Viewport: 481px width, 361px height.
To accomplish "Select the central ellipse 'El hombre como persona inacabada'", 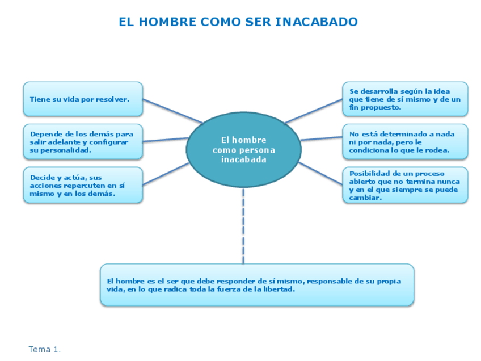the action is pos(243,149).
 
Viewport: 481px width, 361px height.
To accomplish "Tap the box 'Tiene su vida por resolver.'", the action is pos(83,99).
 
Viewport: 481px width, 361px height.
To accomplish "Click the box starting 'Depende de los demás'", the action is pos(83,142).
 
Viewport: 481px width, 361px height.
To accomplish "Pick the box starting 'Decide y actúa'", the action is pos(83,184).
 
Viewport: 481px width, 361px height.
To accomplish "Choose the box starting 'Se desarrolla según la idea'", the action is pos(405,99).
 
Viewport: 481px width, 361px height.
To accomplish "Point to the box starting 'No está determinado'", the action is pos(405,142).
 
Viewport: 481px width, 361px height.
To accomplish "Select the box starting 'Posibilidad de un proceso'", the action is pos(405,185).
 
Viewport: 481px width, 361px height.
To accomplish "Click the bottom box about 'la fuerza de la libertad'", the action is pos(257,284).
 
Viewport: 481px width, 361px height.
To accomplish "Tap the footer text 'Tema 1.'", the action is pos(44,350).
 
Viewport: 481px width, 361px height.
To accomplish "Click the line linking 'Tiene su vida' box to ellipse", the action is pos(171,111).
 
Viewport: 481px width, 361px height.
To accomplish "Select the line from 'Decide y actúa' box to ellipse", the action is pos(166,174).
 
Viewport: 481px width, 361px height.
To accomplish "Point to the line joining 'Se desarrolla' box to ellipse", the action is pos(314,111).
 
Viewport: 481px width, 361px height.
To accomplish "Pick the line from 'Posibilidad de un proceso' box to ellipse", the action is pos(320,174).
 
